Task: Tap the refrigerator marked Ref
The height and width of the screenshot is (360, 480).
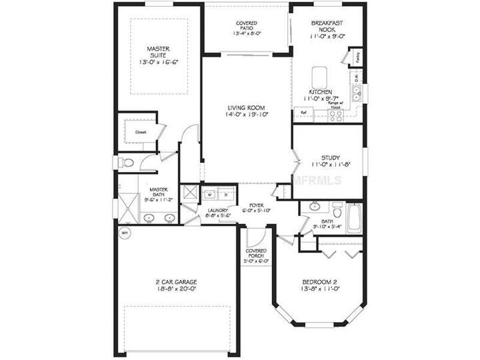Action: (303, 114)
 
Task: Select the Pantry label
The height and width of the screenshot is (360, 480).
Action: (358, 57)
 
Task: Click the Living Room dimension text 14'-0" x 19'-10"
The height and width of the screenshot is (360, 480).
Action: (246, 115)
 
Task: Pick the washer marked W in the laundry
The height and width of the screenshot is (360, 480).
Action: (208, 195)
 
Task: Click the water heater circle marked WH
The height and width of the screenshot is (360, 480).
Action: (123, 233)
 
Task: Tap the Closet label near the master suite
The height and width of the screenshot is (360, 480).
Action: (141, 132)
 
